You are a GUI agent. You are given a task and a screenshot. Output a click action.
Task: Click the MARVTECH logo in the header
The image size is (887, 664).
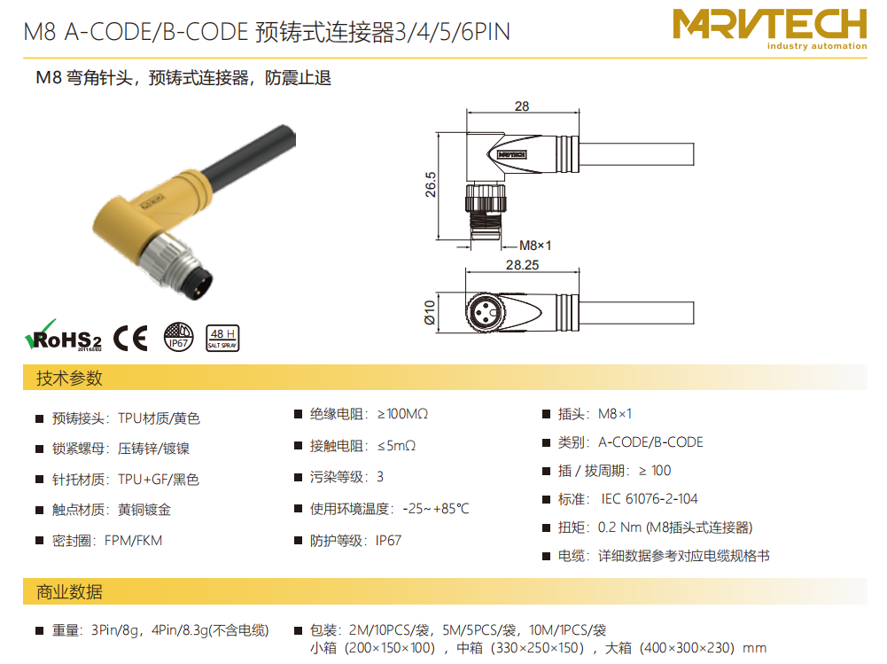pos(769,29)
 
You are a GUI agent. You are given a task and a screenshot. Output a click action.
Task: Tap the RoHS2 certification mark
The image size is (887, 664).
pos(63,336)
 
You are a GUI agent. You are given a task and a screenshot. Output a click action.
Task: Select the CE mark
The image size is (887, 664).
pos(130,338)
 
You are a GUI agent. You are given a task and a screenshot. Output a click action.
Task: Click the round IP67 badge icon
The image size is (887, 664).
pos(178,337)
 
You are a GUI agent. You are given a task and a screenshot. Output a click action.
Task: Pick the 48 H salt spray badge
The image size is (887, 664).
pos(222,338)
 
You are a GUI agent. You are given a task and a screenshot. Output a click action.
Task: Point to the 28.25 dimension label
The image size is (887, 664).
pos(522,265)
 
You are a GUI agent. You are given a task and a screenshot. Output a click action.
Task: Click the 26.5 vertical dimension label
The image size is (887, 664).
pos(431,184)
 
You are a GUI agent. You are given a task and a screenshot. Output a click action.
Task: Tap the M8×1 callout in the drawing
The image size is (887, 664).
pos(534,246)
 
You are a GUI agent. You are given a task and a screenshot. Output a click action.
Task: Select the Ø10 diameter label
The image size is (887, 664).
pos(430,312)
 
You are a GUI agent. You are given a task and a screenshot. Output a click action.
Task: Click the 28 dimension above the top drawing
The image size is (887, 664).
pos(522,106)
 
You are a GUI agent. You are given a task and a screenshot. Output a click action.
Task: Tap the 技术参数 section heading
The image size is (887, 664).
pos(69,379)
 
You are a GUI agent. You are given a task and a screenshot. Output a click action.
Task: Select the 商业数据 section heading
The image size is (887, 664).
pos(69,591)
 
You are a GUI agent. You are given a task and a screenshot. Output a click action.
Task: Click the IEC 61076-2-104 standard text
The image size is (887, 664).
pos(649,499)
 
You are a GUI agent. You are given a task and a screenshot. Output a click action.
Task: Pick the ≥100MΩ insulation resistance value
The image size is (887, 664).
pos(402,414)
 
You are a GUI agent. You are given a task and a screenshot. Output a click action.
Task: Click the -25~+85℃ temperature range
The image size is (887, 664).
pos(436,508)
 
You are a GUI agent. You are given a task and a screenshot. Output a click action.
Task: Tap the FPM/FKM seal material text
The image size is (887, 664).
pos(134,541)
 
